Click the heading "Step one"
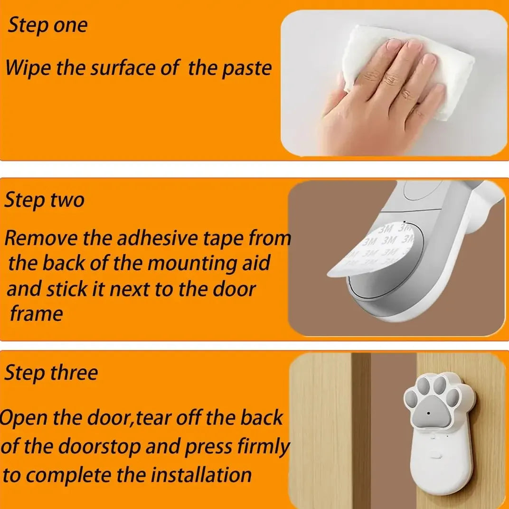pos(47,25)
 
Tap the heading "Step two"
pos(45,199)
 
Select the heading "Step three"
pos(51,372)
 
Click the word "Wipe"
pos(28,68)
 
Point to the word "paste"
pos(246,69)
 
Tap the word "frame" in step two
pos(37,313)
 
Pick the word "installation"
pos(201,475)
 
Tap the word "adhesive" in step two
pos(156,238)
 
